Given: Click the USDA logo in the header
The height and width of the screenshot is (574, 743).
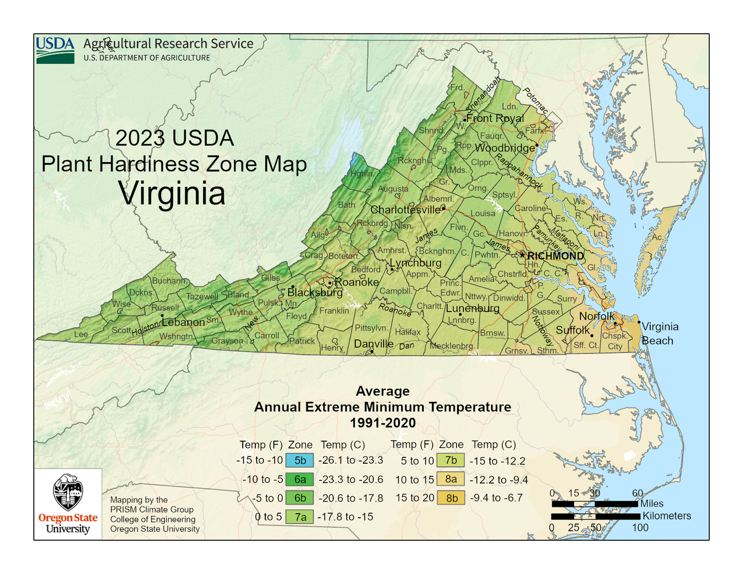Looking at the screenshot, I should coord(55,50).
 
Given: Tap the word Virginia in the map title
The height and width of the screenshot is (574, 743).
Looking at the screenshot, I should coord(172,193).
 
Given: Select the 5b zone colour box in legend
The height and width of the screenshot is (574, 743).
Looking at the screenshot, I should coord(300,460).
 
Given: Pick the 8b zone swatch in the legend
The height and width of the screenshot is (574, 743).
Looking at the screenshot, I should coord(451,498).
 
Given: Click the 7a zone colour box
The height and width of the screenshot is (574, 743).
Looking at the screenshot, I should coord(300,517).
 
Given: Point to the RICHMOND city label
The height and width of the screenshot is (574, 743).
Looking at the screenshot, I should coord(556,256).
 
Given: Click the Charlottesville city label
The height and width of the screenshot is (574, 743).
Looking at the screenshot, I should coord(405,210).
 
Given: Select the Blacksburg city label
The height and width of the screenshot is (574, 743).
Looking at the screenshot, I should coord(315,293).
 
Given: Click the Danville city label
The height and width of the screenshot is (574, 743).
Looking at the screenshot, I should coord(374,344).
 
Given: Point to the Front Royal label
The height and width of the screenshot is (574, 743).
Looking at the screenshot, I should coord(495,118).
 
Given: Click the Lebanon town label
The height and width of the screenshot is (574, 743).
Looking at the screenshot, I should coord(183,322).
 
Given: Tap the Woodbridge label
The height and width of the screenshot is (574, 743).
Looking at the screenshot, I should coord(505,148).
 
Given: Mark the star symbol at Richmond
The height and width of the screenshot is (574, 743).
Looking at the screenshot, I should coord(522,255).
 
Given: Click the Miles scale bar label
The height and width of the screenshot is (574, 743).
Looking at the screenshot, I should coord(652,504).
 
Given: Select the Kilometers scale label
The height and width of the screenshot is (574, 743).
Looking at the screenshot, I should coord(666,516).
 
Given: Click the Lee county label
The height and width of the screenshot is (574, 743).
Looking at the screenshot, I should coord(81,334).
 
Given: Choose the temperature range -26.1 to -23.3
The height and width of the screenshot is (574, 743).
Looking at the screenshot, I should coord(351,460).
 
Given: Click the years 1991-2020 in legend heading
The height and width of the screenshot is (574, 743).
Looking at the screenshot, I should coord(383,423).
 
